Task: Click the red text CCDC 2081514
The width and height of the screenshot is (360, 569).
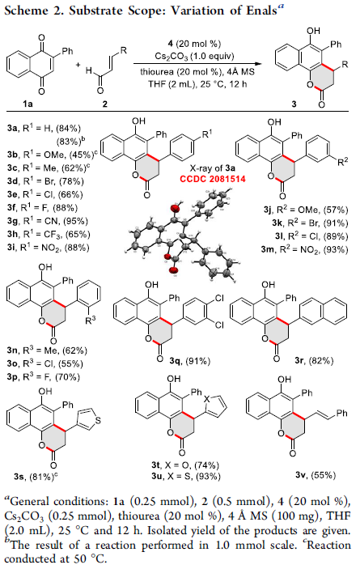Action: click(x=213, y=179)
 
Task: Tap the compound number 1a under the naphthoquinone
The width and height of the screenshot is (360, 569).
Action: click(x=28, y=104)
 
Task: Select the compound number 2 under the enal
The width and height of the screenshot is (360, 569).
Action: click(x=105, y=104)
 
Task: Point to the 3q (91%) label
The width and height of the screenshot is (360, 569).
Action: click(x=189, y=361)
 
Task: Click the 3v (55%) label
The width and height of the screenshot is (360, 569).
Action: click(x=316, y=474)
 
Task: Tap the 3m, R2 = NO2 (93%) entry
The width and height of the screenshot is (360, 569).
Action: click(x=304, y=249)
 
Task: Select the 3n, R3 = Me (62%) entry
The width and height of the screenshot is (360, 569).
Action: click(x=47, y=350)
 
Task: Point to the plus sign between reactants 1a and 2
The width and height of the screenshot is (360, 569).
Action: click(x=78, y=65)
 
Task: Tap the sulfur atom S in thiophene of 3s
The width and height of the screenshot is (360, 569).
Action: click(x=97, y=421)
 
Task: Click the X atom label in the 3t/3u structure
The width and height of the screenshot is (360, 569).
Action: click(x=206, y=399)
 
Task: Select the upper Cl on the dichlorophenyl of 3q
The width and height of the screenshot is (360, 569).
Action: click(x=219, y=299)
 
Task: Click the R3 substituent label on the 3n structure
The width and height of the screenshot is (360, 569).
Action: click(x=91, y=320)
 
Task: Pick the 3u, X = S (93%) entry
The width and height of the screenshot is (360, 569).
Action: click(x=186, y=476)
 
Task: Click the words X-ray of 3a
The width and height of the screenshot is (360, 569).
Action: click(x=213, y=168)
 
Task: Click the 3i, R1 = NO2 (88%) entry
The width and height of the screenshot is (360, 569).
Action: click(x=48, y=248)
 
